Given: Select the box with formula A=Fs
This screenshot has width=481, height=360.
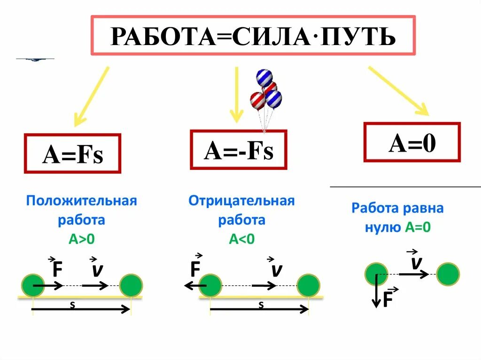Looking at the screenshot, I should pos(72,154).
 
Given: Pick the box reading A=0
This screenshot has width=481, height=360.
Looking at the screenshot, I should pos(412,143).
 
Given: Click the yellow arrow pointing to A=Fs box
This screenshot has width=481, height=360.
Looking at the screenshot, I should pos(92,97).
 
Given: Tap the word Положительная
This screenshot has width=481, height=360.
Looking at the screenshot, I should pos(81,201).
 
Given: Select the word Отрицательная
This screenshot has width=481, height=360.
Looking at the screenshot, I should pos(241,201).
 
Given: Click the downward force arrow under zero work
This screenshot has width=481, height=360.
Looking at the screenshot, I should pos(376,291).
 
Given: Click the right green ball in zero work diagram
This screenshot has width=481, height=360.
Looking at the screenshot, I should pos(448,274).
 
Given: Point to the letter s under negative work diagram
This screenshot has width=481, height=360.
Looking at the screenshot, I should pos(261,305).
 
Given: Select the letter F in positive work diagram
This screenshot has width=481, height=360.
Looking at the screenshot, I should pos(57,269).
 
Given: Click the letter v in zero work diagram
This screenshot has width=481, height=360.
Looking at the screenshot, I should pos(415,263).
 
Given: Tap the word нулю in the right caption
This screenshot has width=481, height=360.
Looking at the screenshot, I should pos(382,228).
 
